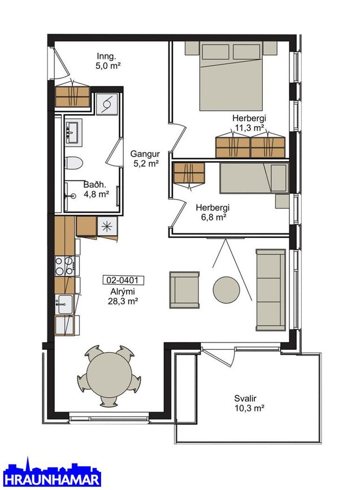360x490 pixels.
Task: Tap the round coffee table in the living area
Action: tap(226, 289)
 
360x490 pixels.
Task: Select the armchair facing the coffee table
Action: tap(184, 290)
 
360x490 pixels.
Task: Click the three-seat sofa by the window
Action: tap(271, 290)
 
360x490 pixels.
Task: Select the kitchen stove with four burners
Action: tap(64, 266)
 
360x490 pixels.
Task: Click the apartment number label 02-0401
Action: tap(123, 280)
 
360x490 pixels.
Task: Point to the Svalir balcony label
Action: tap(245, 398)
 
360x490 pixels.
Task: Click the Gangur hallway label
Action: tap(145, 154)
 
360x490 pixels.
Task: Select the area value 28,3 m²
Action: tap(123, 301)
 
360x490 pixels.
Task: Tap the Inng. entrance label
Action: tap(106, 57)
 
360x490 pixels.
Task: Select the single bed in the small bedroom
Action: tap(254, 178)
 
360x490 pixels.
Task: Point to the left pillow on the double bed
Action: tap(215, 51)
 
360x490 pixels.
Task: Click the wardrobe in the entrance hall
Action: tap(72, 97)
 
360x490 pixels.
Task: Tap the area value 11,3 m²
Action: tap(249, 128)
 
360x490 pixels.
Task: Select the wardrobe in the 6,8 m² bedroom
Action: tap(189, 173)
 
